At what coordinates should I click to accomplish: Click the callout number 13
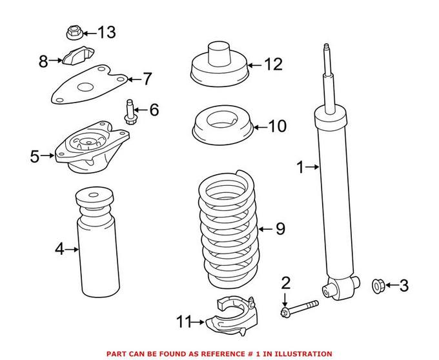coord(106,32)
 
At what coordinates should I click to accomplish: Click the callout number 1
coord(300,168)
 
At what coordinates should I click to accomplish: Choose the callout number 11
coord(185,320)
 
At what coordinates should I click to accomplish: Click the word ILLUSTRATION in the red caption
coord(302,354)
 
